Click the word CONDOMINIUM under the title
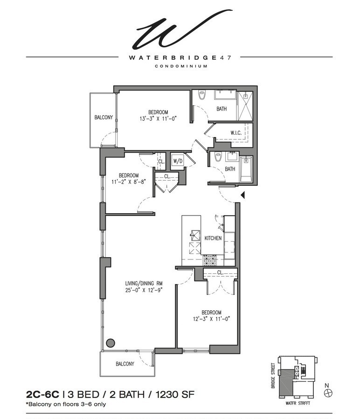[x=180, y=66]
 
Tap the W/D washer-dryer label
[x=178, y=161]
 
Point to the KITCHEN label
[x=213, y=238]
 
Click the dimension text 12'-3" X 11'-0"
[x=211, y=320]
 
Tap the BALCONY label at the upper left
[x=103, y=118]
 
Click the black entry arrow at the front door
[x=242, y=195]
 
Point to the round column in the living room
[x=111, y=343]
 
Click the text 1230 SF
[x=175, y=395]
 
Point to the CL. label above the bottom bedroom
[x=220, y=272]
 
